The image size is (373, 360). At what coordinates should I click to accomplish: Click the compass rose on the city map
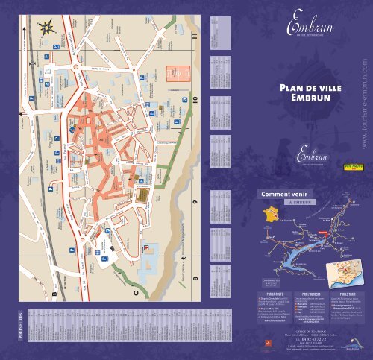(x=47, y=29)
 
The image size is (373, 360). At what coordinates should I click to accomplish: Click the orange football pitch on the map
(x=178, y=73)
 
